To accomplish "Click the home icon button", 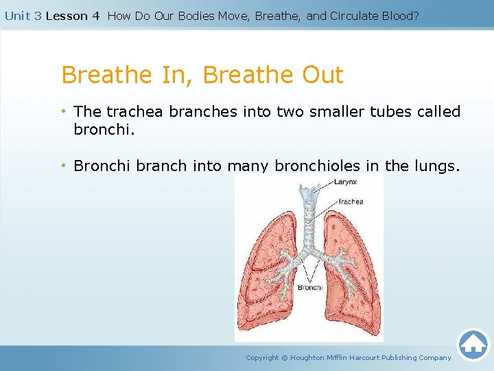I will [x=473, y=344].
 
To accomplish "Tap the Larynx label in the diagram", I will [x=345, y=181].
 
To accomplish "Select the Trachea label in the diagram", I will [x=350, y=201].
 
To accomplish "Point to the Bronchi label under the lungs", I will [x=310, y=287].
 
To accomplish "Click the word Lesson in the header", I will [x=67, y=16].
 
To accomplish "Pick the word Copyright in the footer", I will [x=262, y=357].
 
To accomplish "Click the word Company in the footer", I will [x=435, y=357].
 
